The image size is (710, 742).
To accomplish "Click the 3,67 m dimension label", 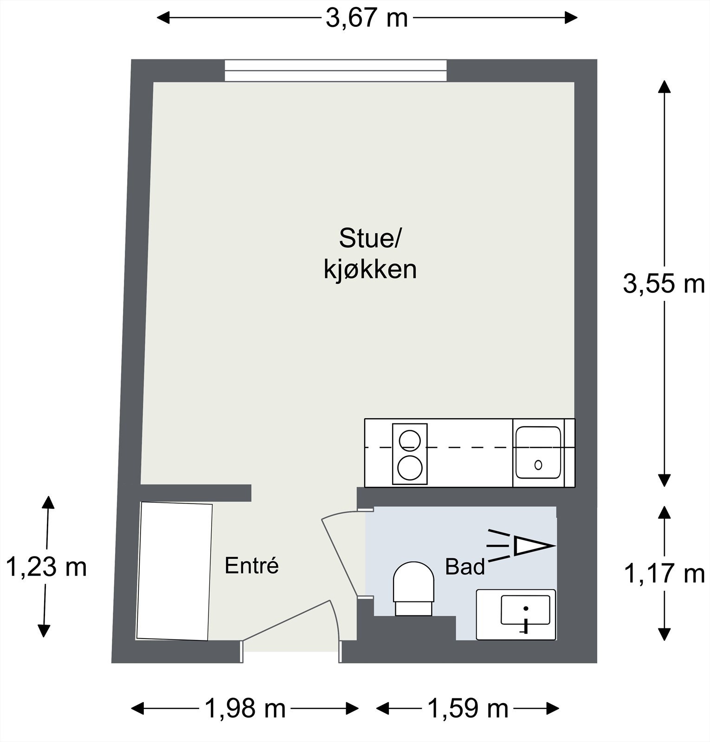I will tap(367, 19).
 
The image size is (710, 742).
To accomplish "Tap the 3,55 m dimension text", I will tap(664, 283).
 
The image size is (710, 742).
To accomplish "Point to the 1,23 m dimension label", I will tap(46, 567).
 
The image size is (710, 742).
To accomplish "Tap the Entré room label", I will tap(252, 566).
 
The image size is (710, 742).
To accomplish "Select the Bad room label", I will tap(465, 567).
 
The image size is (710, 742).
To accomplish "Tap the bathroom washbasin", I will tap(525, 611).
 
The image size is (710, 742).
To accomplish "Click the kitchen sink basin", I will tap(538, 452).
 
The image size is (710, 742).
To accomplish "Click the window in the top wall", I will tap(336, 70).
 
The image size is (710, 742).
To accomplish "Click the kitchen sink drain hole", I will tap(538, 465).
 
